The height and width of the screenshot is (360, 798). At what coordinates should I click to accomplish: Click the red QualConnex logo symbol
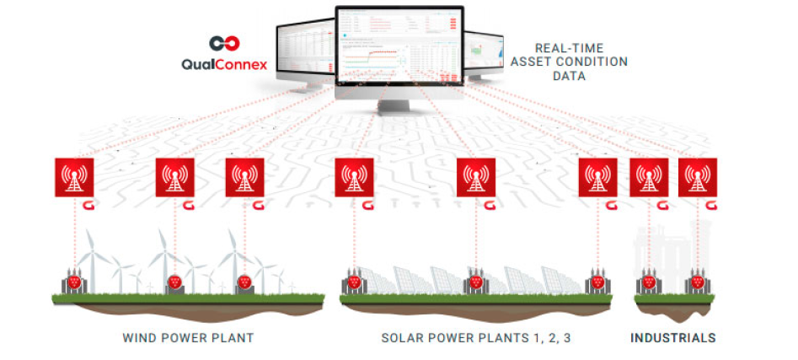pos(225,43)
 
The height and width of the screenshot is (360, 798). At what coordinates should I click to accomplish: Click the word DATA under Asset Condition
pos(570,76)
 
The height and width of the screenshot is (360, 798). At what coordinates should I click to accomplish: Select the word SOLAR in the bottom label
pos(403,338)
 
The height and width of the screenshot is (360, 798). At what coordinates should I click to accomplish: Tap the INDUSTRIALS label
pos(673,338)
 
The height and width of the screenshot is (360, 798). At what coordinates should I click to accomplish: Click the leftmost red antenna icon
pos(74,177)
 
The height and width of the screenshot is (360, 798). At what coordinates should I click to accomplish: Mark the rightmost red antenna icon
pos(697,177)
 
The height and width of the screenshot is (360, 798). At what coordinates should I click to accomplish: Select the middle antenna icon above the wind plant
pos(175,177)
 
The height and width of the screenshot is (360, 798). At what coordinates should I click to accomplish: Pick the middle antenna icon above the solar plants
pos(476,177)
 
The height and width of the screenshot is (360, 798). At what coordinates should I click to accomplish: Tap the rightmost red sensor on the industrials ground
pos(697,282)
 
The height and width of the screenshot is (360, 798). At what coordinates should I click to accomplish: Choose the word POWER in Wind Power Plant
pos(187,338)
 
